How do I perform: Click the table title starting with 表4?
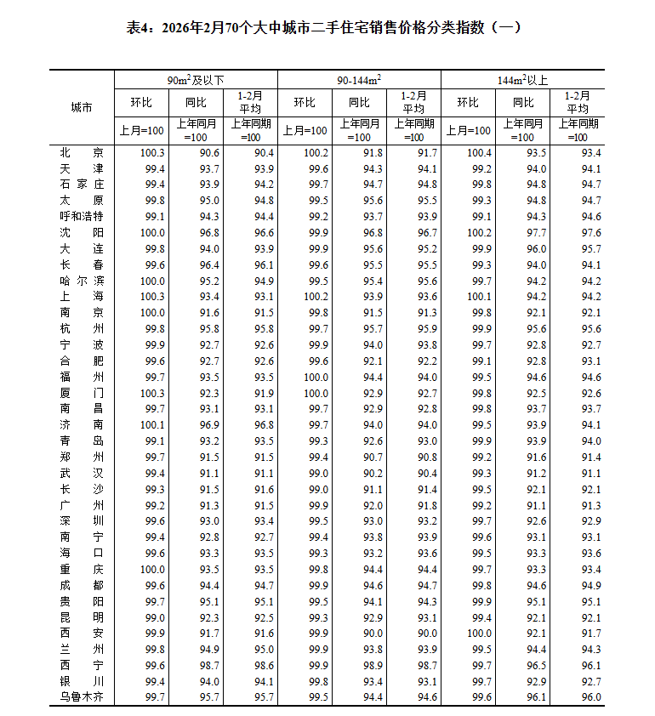[x=327, y=27]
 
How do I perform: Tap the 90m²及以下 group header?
[x=196, y=80]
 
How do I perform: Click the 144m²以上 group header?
[x=522, y=80]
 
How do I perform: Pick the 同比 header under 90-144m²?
[x=359, y=102]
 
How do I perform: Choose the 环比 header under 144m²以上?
[x=468, y=102]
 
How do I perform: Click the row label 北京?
[x=82, y=153]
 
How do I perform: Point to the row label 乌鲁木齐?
[x=82, y=697]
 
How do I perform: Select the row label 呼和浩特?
[x=82, y=216]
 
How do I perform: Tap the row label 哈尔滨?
[x=82, y=281]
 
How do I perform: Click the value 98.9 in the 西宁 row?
[x=373, y=666]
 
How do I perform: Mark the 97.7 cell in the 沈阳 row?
[x=536, y=232]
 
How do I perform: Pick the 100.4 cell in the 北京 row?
[x=479, y=153]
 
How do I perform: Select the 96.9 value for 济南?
[x=209, y=424]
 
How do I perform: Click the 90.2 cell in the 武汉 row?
[x=373, y=473]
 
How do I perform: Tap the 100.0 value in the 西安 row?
[x=479, y=634]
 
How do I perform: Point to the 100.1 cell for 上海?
[x=479, y=297]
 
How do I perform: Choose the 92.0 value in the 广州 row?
[x=373, y=505]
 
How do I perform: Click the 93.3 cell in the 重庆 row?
[x=536, y=569]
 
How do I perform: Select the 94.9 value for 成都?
[x=590, y=585]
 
